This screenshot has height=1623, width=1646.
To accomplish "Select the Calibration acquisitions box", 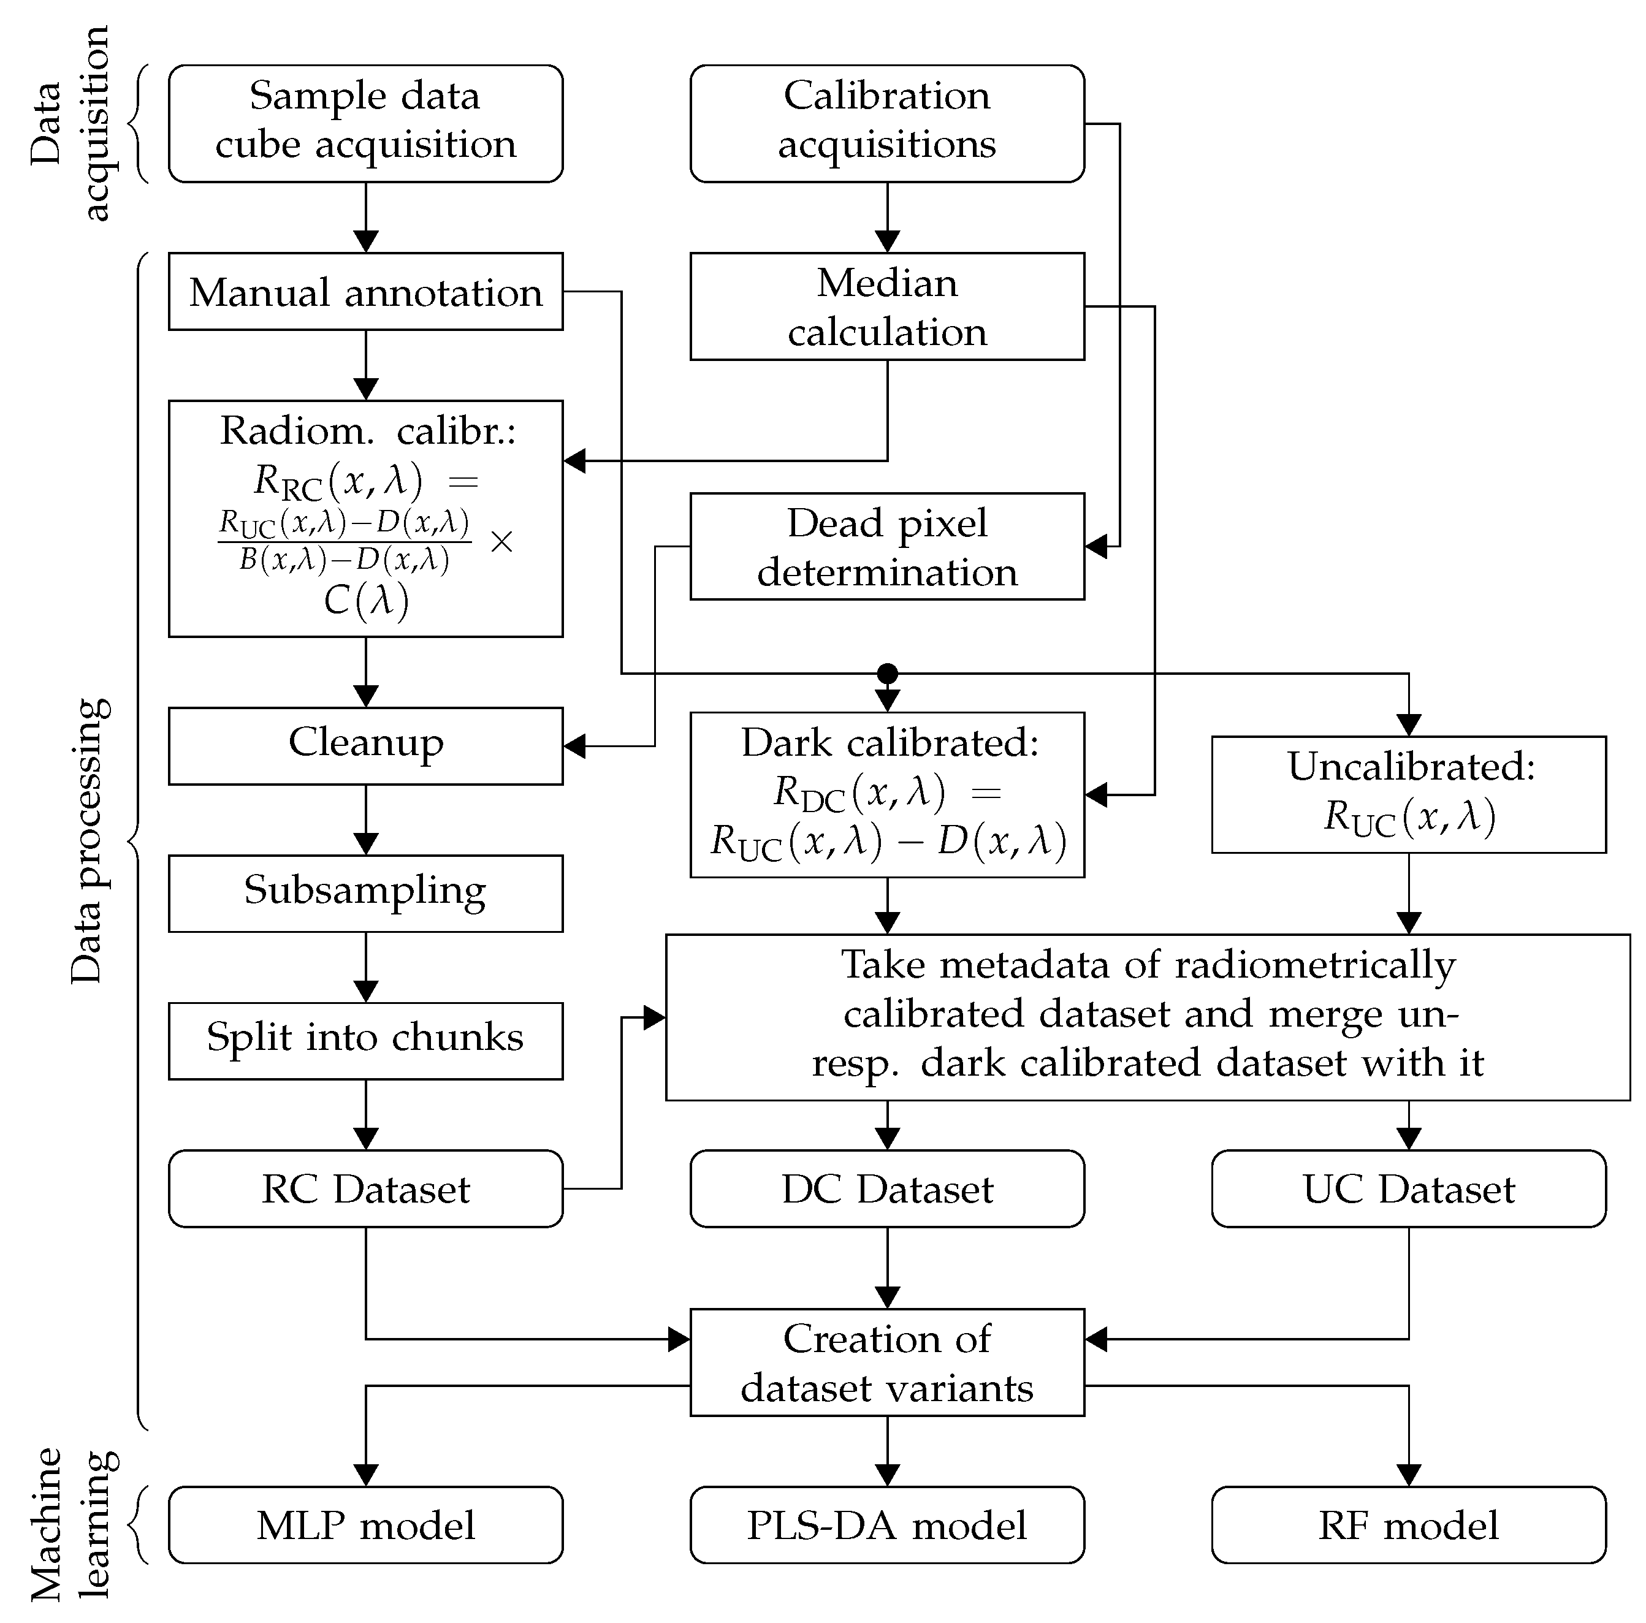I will pyautogui.click(x=887, y=124).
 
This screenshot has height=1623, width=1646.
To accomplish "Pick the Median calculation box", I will pyautogui.click(x=887, y=306).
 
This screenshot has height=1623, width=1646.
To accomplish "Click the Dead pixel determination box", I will pyautogui.click(x=887, y=546).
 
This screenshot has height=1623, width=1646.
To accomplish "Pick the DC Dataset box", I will pyautogui.click(x=887, y=1188).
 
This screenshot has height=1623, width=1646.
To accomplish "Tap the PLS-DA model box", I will pyautogui.click(x=887, y=1525).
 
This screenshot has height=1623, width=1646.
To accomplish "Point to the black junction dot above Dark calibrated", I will pyautogui.click(x=888, y=673).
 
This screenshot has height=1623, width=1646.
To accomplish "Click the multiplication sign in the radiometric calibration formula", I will pyautogui.click(x=502, y=542).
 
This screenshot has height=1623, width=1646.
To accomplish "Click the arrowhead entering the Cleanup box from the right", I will pyautogui.click(x=576, y=747).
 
